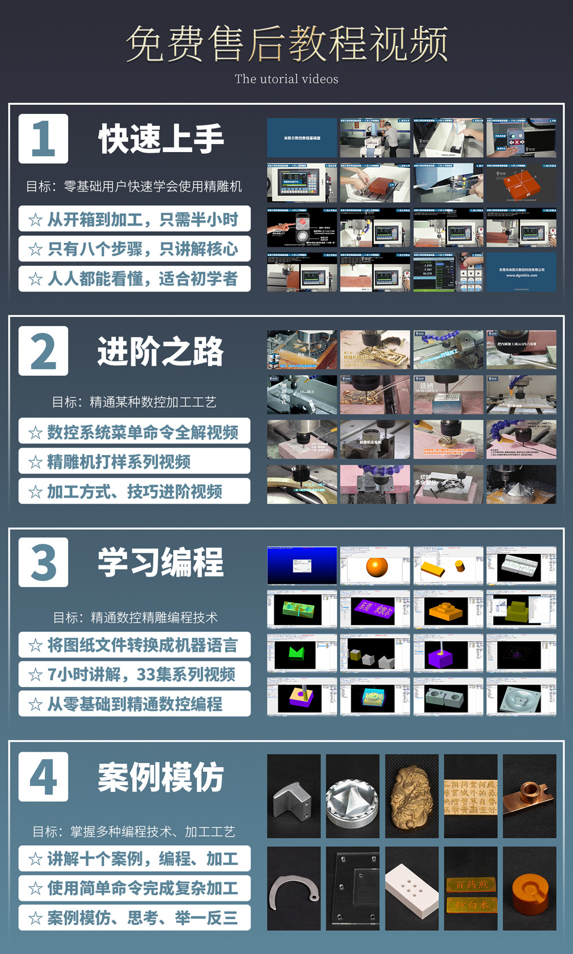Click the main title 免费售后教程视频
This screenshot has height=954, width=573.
[x=286, y=44]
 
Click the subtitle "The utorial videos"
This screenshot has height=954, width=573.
[x=286, y=79]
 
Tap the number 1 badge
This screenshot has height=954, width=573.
[x=43, y=139]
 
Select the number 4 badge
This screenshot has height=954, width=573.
[x=43, y=776]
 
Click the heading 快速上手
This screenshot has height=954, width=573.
[x=161, y=139]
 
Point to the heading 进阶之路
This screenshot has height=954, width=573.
[x=160, y=352]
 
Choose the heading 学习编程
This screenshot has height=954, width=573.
[x=160, y=563]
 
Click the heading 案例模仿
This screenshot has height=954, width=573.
[x=160, y=777]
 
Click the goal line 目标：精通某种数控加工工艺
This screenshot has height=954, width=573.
[x=134, y=402]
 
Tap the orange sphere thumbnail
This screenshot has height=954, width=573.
[x=376, y=566]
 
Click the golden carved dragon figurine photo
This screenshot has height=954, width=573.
[x=412, y=796]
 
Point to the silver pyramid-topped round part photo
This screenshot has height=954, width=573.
[x=352, y=796]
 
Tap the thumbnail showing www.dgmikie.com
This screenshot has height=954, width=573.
[x=521, y=272]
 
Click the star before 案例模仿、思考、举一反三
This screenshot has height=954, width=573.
[x=35, y=918]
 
